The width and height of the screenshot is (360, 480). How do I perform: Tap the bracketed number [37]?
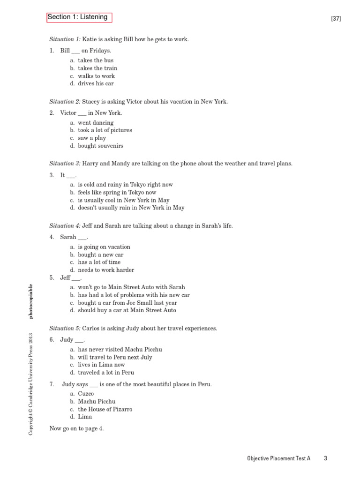coord(336,19)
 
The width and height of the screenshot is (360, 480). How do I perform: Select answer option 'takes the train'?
coord(97,68)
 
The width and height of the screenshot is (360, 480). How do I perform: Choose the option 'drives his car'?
coord(96,83)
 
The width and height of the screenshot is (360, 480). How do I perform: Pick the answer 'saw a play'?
coord(92,138)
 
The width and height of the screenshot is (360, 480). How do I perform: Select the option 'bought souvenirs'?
coord(100,146)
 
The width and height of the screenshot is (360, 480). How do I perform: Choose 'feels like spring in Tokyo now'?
coord(117,192)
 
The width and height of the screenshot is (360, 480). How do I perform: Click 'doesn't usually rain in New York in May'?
coord(131,208)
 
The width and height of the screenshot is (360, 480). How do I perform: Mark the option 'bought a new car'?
coord(100,255)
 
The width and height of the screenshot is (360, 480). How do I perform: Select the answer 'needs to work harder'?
coord(106,270)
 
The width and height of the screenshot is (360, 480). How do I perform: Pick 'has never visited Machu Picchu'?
coord(120,349)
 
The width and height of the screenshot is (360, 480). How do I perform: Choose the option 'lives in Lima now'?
coord(101,365)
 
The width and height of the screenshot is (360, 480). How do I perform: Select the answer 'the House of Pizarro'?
coord(105,409)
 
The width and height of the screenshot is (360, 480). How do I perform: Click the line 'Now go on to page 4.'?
coord(76,428)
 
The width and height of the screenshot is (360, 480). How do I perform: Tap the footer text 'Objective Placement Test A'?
coord(278,458)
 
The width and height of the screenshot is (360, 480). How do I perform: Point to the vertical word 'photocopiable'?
coord(31,301)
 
